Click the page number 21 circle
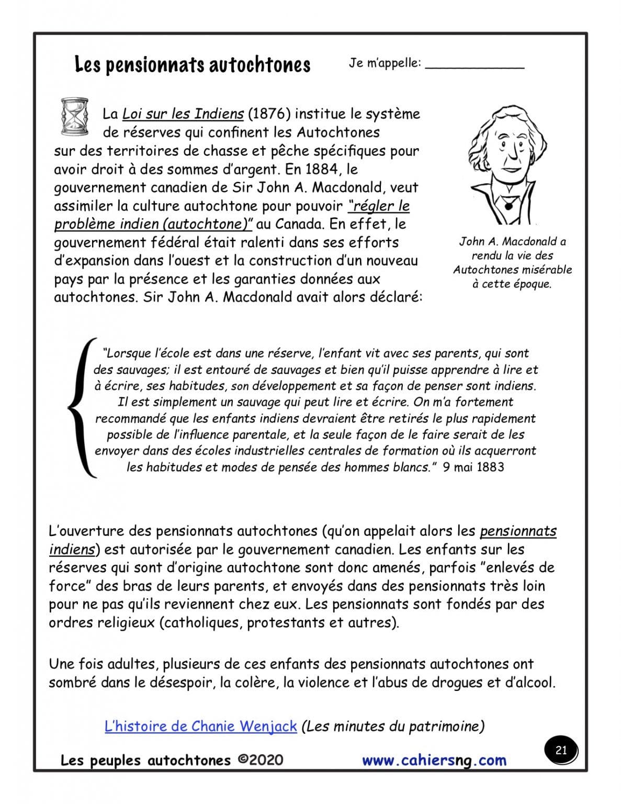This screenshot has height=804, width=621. [561, 751]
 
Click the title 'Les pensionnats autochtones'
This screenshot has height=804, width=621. [193, 65]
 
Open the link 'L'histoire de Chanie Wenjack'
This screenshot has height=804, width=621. [201, 727]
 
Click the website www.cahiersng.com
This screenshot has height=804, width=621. [434, 760]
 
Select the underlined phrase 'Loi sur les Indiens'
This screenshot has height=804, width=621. [183, 114]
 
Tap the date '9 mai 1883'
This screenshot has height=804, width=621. [473, 466]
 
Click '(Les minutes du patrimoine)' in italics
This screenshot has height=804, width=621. [393, 727]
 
